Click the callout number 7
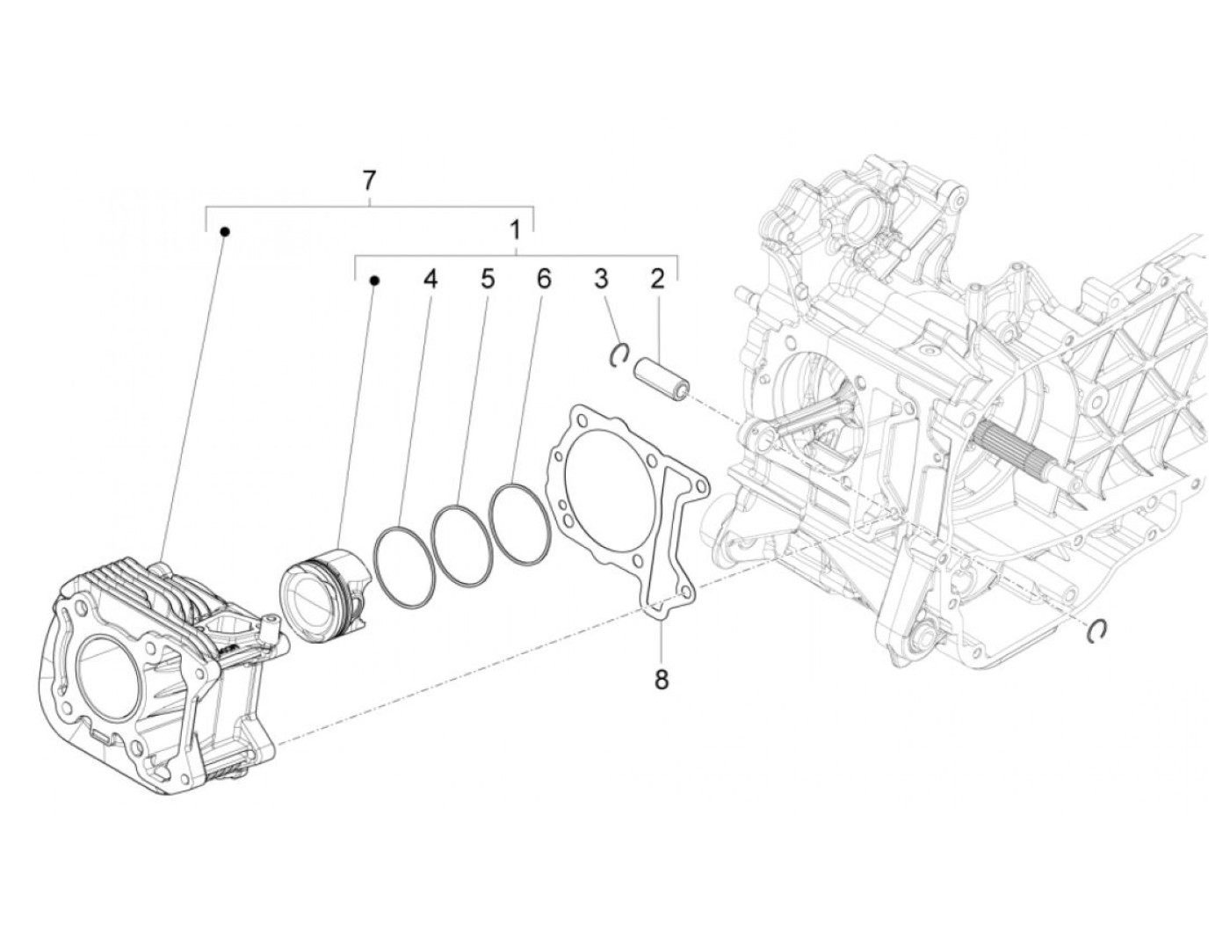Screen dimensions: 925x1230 pos(369,181)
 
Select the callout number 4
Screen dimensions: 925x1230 pos(429,280)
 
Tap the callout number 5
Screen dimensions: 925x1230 pos(487,280)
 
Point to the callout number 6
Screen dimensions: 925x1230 pos(544,280)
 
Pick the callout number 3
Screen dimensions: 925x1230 pos(601,280)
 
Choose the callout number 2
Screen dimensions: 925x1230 pos(657,280)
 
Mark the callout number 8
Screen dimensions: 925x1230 pos(661,678)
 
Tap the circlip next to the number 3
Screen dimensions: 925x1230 pos(619,353)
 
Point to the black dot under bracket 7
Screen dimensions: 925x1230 pos(225,232)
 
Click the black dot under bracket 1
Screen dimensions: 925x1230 pos(374,280)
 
